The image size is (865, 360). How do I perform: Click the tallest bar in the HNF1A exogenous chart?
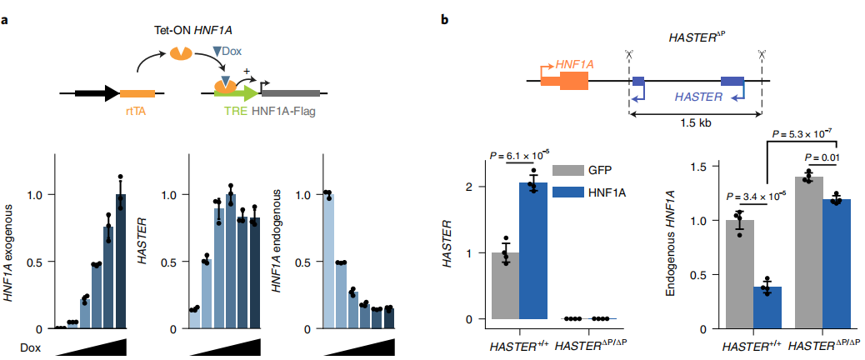[x=120, y=262]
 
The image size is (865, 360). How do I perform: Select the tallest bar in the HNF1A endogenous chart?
[x=329, y=262]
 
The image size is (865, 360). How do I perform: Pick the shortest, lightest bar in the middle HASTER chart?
[x=194, y=318]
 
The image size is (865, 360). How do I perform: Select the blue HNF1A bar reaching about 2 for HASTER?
[x=532, y=251]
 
